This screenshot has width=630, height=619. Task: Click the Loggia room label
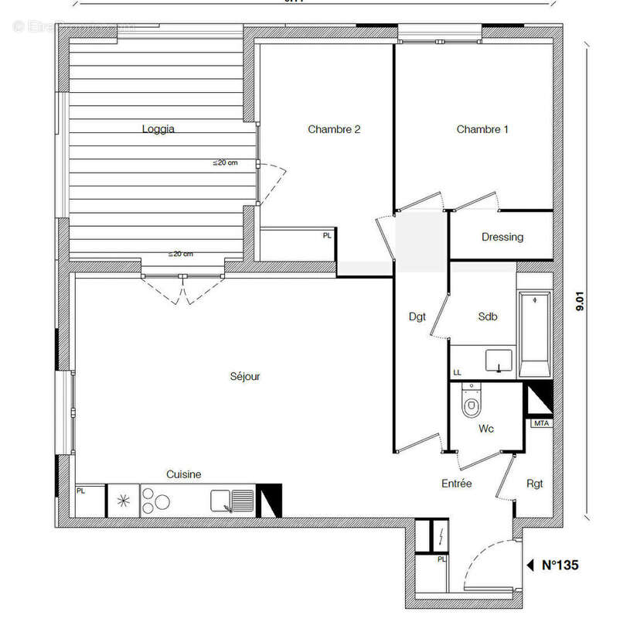pyautogui.click(x=158, y=129)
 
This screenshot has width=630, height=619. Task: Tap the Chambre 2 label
pyautogui.click(x=334, y=129)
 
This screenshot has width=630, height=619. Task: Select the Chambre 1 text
pyautogui.click(x=482, y=129)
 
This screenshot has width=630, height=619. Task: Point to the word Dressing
pyautogui.click(x=502, y=237)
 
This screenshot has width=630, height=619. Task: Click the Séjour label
pyautogui.click(x=245, y=377)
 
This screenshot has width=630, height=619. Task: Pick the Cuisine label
pyautogui.click(x=184, y=474)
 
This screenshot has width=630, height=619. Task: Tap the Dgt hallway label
pyautogui.click(x=417, y=316)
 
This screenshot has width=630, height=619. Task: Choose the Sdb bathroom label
pyautogui.click(x=488, y=316)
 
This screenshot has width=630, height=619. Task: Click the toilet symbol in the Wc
pyautogui.click(x=470, y=402)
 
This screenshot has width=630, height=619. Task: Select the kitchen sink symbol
pyautogui.click(x=233, y=501)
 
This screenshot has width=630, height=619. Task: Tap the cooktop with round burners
pyautogui.click(x=156, y=501)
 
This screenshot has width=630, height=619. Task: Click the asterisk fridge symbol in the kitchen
pyautogui.click(x=122, y=501)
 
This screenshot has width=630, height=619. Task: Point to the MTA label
pyautogui.click(x=540, y=423)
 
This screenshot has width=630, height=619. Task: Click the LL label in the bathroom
pyautogui.click(x=457, y=373)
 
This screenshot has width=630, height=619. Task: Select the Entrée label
pyautogui.click(x=456, y=484)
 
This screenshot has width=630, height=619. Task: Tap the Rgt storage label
pyautogui.click(x=534, y=484)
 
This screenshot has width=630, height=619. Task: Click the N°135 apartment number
pyautogui.click(x=560, y=566)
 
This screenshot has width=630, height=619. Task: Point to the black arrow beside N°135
pyautogui.click(x=530, y=566)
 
